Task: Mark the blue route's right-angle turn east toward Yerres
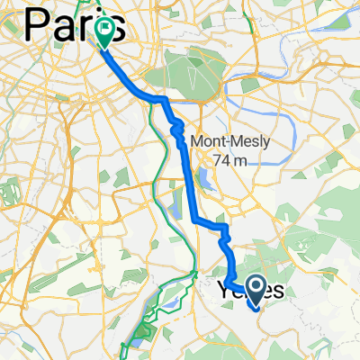pos(195,219)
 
